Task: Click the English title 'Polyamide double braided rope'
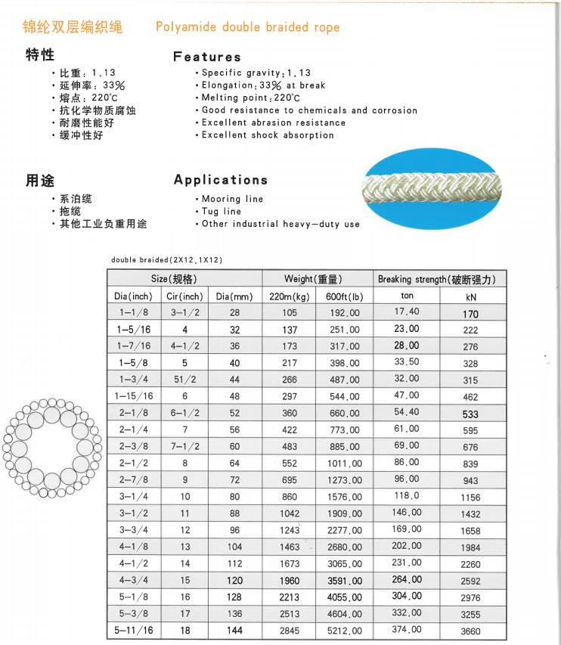tap(247, 27)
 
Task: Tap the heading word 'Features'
tap(206, 57)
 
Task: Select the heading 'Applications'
tap(220, 180)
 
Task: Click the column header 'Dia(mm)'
tap(234, 296)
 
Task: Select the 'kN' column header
tap(470, 296)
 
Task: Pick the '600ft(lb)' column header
tap(344, 296)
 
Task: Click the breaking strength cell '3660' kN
tap(470, 631)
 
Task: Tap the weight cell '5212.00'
tap(344, 631)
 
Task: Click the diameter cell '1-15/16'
tap(133, 395)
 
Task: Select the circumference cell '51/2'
tap(184, 380)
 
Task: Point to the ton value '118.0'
tap(407, 495)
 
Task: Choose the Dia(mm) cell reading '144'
tap(234, 631)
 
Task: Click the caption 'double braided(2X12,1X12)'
tap(166, 260)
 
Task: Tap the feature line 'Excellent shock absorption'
tap(268, 135)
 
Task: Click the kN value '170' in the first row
tap(470, 313)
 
